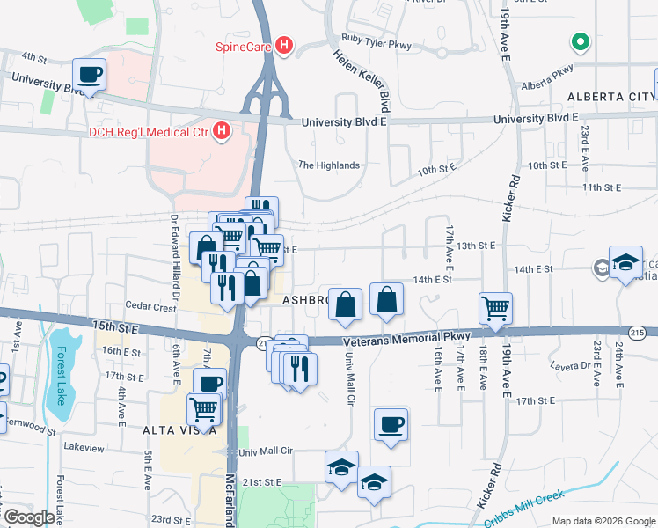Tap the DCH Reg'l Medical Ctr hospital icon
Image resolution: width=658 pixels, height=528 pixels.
(x=222, y=133)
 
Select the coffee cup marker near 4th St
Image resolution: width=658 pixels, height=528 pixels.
(x=90, y=75)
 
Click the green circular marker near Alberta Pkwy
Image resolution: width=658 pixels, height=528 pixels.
(x=580, y=41)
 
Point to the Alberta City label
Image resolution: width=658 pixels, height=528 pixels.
(x=608, y=96)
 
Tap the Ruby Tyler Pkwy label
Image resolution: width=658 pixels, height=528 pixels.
(x=376, y=40)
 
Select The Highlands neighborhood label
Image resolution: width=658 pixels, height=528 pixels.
(x=329, y=165)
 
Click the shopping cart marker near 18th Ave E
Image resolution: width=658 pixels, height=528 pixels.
(x=496, y=309)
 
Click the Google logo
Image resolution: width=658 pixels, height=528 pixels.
(x=29, y=517)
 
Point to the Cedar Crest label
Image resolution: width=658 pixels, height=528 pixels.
(x=151, y=307)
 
